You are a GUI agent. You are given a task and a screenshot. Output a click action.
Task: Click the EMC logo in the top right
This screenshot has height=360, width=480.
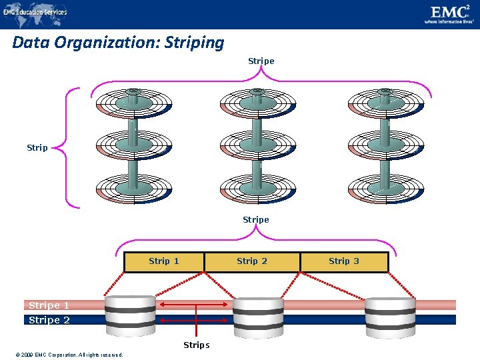click(x=450, y=13)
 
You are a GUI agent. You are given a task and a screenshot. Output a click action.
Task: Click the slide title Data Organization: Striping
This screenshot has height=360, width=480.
click(x=119, y=43)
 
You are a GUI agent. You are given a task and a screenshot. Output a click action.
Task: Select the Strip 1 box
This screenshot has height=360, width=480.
click(x=164, y=261)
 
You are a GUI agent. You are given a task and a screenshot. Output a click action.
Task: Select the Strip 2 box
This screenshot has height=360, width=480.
click(x=252, y=261)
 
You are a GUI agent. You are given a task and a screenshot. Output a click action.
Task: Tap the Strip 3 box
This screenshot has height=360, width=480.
click(x=344, y=261)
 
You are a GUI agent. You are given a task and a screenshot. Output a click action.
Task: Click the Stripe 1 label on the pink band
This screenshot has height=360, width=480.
click(x=49, y=305)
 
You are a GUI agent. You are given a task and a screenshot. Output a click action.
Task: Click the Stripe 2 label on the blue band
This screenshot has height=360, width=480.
click(x=49, y=320)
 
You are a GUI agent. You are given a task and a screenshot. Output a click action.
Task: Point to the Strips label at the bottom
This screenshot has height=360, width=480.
click(x=197, y=345)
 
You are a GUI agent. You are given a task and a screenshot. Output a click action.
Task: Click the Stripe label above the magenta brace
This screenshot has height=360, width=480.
click(x=261, y=61)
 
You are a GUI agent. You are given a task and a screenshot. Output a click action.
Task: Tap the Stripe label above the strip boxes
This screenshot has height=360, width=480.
click(x=256, y=219)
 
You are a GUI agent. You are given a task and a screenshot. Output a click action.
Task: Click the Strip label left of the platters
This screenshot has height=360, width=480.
click(x=37, y=147)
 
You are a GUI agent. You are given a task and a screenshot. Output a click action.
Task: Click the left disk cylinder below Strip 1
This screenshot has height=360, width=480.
click(x=129, y=313)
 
